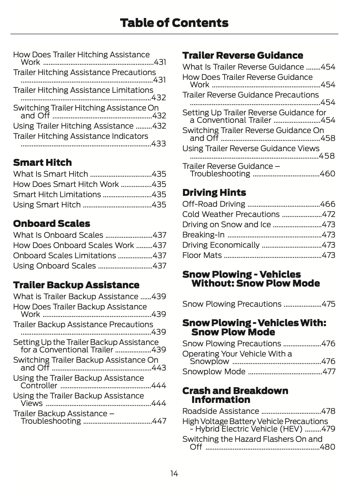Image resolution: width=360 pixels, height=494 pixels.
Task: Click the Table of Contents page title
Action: click(x=174, y=23)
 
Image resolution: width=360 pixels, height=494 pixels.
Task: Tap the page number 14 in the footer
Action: click(x=174, y=474)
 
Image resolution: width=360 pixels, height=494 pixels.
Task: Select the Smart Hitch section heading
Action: click(x=42, y=162)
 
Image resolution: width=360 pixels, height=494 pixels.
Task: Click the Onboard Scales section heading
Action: click(x=52, y=224)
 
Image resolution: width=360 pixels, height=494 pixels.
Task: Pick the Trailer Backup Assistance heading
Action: click(x=76, y=285)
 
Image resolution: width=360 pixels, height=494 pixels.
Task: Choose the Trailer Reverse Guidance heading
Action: click(x=243, y=55)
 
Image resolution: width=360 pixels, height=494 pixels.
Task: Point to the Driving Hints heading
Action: click(x=214, y=193)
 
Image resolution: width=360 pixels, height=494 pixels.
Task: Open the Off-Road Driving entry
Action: click(x=214, y=204)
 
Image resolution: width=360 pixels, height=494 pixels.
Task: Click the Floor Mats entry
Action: click(x=202, y=256)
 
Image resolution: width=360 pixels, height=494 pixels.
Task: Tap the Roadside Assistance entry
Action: click(x=220, y=411)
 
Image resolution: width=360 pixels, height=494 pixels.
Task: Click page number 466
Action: click(x=328, y=204)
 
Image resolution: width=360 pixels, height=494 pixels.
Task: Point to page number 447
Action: click(x=159, y=421)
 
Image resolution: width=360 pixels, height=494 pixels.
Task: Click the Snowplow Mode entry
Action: click(x=214, y=372)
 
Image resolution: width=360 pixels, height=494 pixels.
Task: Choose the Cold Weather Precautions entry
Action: click(x=231, y=215)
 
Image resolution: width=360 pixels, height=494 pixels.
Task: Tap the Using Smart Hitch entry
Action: click(x=47, y=205)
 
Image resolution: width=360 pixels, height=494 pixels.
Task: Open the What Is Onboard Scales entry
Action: click(x=58, y=235)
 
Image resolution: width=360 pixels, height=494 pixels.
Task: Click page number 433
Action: click(x=159, y=144)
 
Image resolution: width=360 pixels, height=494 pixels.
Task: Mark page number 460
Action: click(x=328, y=174)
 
